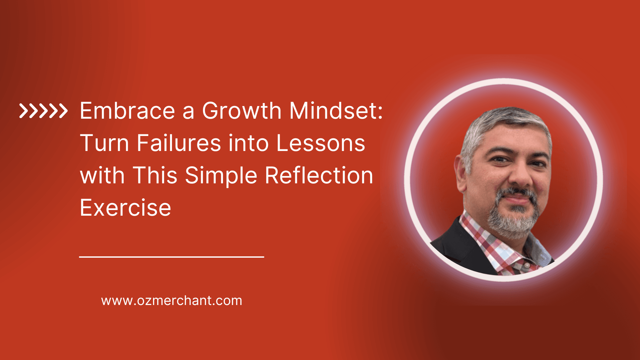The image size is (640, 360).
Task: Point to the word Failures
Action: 179,143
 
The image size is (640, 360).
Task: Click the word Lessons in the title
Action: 321,143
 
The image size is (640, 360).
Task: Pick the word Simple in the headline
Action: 221,176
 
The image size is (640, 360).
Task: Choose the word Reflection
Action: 319,176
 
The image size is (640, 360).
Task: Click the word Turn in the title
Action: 104,143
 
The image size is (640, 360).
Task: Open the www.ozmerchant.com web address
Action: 172,301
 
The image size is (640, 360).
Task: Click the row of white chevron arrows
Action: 43,111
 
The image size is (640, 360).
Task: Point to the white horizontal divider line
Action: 172,257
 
